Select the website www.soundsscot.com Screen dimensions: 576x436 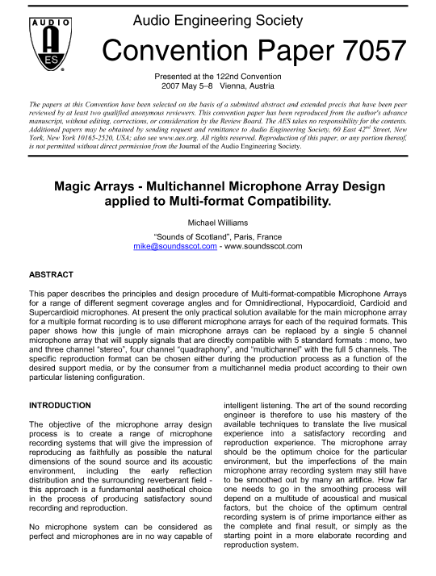[265, 246]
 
